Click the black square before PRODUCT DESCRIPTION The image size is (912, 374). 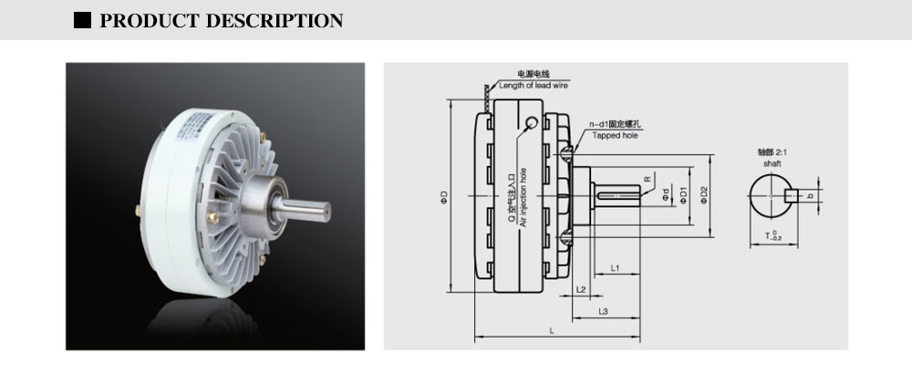pyautogui.click(x=83, y=20)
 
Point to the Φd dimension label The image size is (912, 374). pyautogui.click(x=667, y=195)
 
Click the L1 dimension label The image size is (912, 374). pyautogui.click(x=616, y=269)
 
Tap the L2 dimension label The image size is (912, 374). pyautogui.click(x=581, y=289)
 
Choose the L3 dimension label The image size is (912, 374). pyautogui.click(x=604, y=312)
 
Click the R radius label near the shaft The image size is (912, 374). pyautogui.click(x=647, y=181)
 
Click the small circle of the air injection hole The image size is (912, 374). pyautogui.click(x=531, y=121)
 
